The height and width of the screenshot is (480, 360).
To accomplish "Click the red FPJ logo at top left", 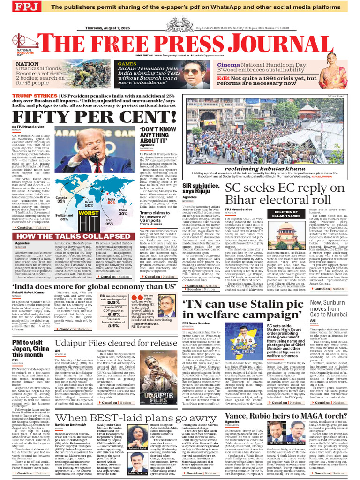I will (x=26, y=7).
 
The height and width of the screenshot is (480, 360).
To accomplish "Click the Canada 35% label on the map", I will (x=61, y=200).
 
